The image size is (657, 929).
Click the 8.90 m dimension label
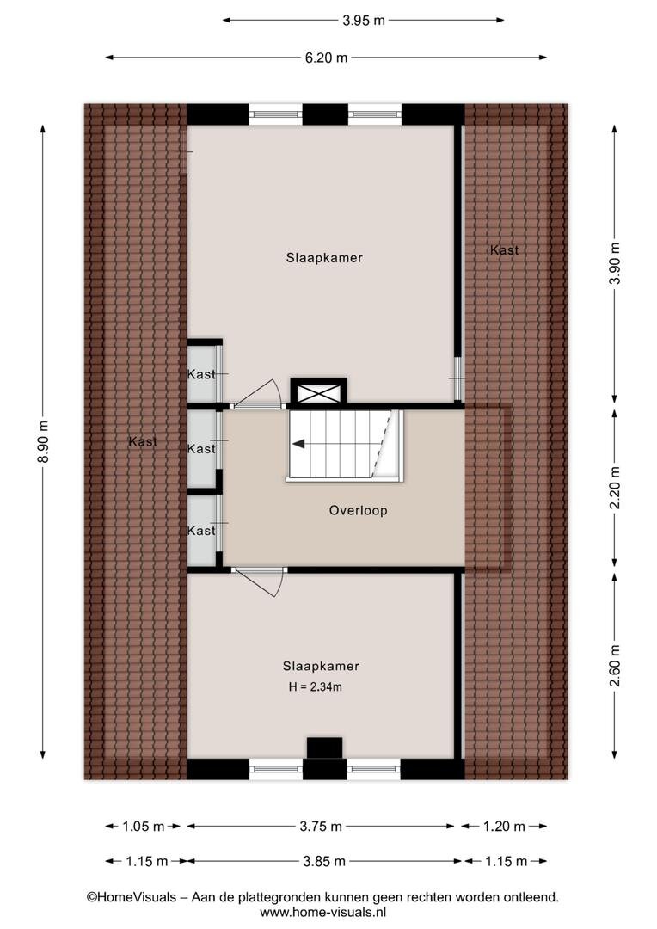click(43, 441)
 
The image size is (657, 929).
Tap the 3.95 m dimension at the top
click(364, 20)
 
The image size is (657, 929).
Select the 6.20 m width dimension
click(327, 58)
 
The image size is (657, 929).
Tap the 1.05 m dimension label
click(144, 826)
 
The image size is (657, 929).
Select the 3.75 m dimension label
click(321, 826)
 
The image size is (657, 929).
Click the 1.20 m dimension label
click(504, 826)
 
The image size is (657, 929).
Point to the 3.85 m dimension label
click(324, 861)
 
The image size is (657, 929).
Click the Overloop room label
click(359, 510)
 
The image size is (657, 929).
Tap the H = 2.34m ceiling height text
click(315, 687)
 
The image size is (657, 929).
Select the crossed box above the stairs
click(319, 393)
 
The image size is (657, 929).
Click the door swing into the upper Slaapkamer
click(258, 393)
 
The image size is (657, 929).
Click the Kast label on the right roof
click(504, 250)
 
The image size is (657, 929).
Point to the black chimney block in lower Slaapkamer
click(325, 748)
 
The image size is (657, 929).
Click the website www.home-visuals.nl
click(323, 913)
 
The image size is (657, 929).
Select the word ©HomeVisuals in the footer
click(132, 897)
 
